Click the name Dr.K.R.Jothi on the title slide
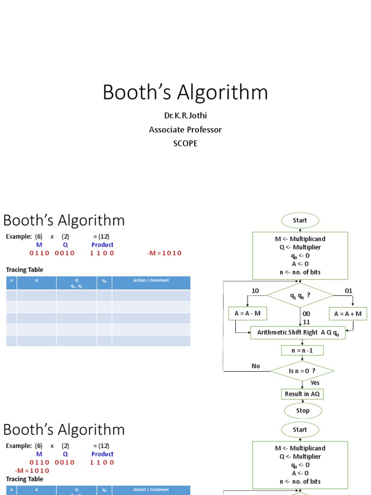[x=185, y=116]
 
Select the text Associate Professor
[x=185, y=130]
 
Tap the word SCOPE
[x=185, y=144]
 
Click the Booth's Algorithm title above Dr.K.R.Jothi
[x=185, y=92]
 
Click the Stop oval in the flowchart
[x=302, y=410]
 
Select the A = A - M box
[x=247, y=314]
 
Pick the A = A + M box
[x=348, y=314]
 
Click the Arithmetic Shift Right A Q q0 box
[x=298, y=333]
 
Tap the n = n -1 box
[x=302, y=350]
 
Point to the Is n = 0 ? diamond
[x=302, y=371]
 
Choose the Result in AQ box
[x=302, y=394]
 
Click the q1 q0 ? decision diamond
[x=300, y=295]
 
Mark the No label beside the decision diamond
[x=256, y=366]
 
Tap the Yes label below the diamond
[x=315, y=383]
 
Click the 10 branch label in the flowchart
[x=256, y=291]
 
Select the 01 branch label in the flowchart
[x=348, y=291]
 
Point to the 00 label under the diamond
[x=306, y=314]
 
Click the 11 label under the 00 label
[x=306, y=322]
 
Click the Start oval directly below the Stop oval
[x=300, y=429]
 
